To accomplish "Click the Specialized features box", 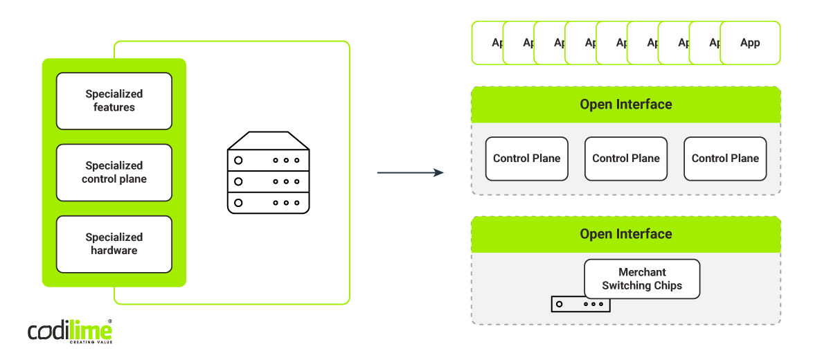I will tap(114, 101).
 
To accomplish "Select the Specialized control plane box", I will tap(114, 172).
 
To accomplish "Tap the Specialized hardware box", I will tap(114, 244).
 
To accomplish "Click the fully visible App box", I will tap(750, 43).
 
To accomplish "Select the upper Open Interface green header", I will tap(625, 105).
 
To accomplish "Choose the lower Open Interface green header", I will tap(625, 234).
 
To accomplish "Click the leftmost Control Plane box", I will tap(526, 159).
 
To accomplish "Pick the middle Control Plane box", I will tap(626, 159).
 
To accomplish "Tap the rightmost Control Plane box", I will tap(725, 159).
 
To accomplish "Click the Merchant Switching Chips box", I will tap(642, 279).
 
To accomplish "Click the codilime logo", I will tap(69, 330).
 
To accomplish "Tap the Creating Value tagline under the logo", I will tap(90, 342).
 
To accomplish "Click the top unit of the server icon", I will tap(268, 160).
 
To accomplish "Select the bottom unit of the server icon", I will tap(268, 203).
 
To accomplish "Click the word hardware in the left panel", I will tap(114, 251).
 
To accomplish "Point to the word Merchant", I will tap(642, 272).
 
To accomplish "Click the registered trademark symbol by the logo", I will tap(110, 321).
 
